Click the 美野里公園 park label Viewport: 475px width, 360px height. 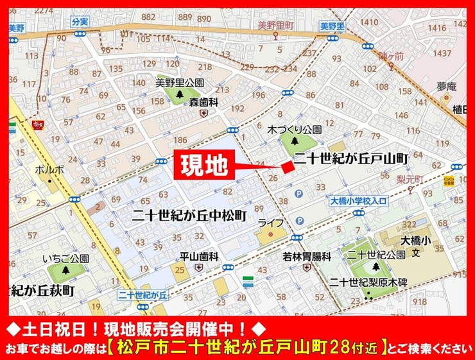click(x=180, y=83)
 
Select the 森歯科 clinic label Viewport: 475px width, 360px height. click(x=204, y=102)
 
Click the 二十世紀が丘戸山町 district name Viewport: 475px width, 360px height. click(x=350, y=157)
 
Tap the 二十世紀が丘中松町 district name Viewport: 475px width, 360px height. click(x=188, y=216)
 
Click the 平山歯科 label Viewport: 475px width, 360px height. click(x=199, y=256)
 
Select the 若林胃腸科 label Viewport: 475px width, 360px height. click(x=307, y=256)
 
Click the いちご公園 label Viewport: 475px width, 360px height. click(x=65, y=258)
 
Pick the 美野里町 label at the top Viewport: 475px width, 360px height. click(x=275, y=25)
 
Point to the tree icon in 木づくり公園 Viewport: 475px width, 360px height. click(x=295, y=141)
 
